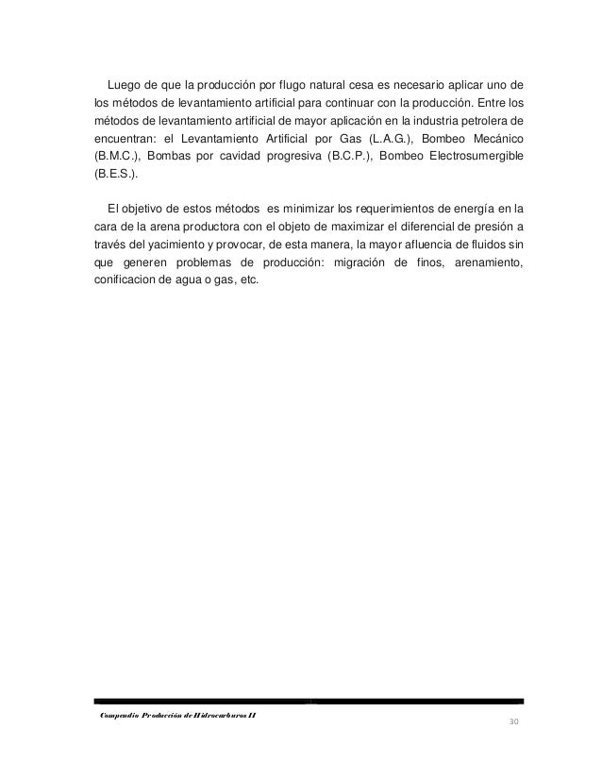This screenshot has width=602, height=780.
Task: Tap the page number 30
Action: pos(513,723)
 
